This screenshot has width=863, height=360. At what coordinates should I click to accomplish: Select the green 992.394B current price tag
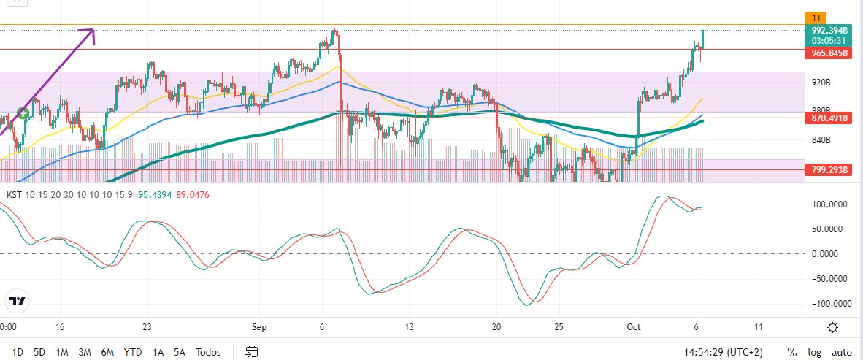tap(829, 31)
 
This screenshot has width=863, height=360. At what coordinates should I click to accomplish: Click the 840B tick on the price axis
tap(821, 140)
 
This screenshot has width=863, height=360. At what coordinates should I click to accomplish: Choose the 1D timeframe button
tap(18, 352)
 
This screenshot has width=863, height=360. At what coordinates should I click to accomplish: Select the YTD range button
tap(133, 352)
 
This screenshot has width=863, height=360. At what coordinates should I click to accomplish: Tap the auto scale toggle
tap(842, 352)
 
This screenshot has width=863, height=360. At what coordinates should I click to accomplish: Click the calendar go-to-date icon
tap(251, 352)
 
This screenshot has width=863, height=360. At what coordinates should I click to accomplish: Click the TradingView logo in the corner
tap(18, 301)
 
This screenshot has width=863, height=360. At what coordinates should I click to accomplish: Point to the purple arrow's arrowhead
tap(91, 31)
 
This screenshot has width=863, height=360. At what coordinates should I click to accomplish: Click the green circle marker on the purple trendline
tap(23, 113)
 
